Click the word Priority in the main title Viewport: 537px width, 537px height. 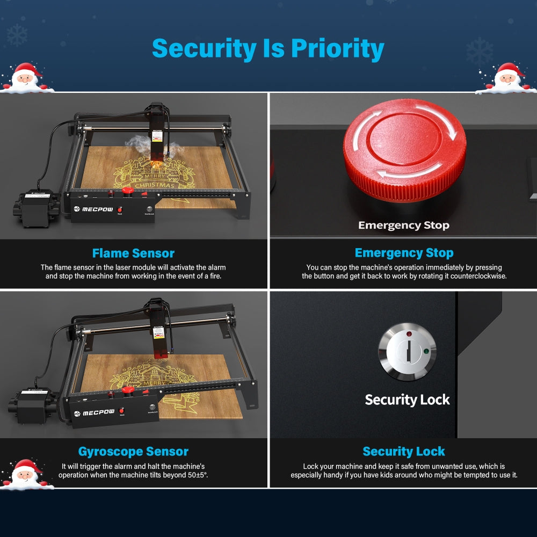(338, 49)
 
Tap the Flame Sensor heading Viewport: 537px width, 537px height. (133, 253)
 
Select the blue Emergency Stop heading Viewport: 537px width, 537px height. (404, 253)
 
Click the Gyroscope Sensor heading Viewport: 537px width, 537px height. (133, 452)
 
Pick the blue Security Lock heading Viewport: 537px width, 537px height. (404, 452)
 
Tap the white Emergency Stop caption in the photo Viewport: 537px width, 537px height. (404, 226)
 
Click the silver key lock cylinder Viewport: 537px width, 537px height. (408, 352)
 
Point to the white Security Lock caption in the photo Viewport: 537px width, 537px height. (407, 400)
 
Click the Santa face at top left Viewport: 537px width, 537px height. (27, 78)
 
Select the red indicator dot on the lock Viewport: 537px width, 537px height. (409, 335)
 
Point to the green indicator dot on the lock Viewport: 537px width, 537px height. (425, 352)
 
